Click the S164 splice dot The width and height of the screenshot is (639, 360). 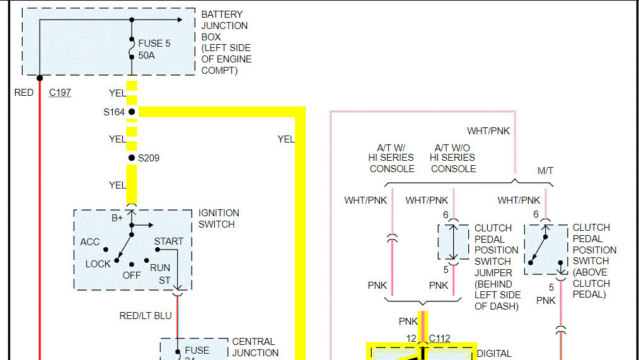(x=132, y=112)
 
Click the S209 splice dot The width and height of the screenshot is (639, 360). (x=132, y=158)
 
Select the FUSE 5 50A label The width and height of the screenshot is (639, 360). (x=154, y=50)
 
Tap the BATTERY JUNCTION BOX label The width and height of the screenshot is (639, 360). (x=226, y=42)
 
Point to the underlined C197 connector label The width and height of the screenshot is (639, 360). (x=60, y=93)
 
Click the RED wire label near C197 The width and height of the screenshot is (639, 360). (x=24, y=93)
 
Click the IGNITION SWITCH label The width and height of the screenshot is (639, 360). (x=219, y=218)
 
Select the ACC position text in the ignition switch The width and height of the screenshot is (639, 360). (x=90, y=242)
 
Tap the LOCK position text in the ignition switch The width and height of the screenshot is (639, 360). (x=98, y=264)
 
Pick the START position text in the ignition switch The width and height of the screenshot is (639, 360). (x=169, y=241)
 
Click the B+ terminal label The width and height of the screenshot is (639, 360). (x=117, y=218)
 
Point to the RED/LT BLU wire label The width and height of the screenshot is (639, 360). (x=146, y=315)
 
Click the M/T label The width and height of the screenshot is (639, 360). (x=545, y=171)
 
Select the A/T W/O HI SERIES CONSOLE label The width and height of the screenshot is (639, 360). (x=452, y=157)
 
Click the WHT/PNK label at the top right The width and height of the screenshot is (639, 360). (x=488, y=131)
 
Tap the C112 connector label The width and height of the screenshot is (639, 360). (x=439, y=339)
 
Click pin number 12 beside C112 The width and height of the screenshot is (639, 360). (x=411, y=339)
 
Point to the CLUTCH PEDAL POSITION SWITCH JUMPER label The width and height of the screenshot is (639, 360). (x=497, y=267)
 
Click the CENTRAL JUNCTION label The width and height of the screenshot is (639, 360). (x=255, y=347)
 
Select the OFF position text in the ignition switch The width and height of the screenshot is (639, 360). (x=132, y=275)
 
